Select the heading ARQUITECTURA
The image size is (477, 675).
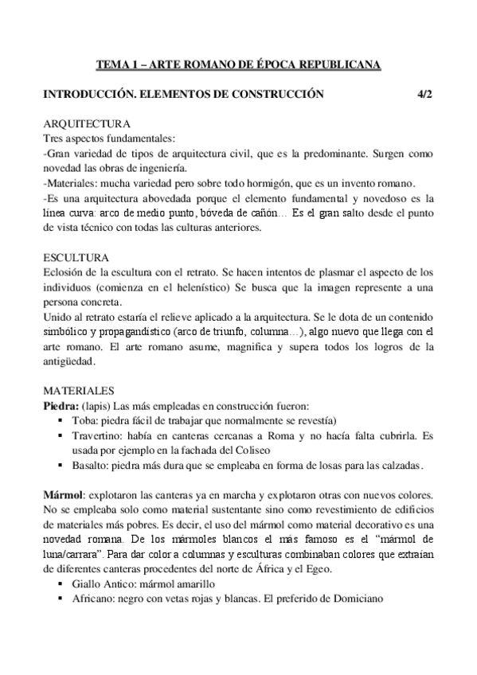[x=82, y=125]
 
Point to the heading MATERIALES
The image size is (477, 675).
[x=79, y=391]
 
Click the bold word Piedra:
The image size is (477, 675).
[x=61, y=405]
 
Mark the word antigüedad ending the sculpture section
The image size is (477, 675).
[x=69, y=361]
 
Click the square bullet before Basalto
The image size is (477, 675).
[x=61, y=465]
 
